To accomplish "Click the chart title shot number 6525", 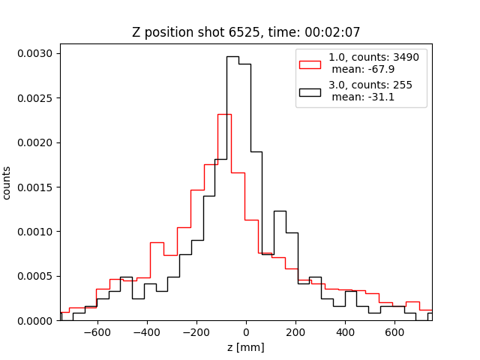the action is [x=244, y=32].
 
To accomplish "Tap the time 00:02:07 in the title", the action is [x=332, y=32].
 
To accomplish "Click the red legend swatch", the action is [x=310, y=65].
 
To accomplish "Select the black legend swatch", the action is [x=310, y=93].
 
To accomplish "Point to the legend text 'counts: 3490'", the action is [x=385, y=57].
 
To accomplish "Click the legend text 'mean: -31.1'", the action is [x=363, y=97].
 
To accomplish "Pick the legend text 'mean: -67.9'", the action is [x=363, y=69].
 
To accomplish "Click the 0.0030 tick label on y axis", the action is [x=35, y=53].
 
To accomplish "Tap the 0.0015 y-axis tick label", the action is [x=35, y=187].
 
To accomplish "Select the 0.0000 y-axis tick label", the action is [x=35, y=321].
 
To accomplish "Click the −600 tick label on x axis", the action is [x=97, y=332].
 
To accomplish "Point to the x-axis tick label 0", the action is [x=246, y=332].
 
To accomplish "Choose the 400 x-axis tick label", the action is [x=345, y=332].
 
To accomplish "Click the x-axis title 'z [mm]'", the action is [x=246, y=347].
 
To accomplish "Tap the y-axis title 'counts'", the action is [x=7, y=183].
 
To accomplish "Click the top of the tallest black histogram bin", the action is [x=232, y=57].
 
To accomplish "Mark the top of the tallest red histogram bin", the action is [x=224, y=115].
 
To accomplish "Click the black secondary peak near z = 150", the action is [x=280, y=211].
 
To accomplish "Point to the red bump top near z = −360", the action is [x=157, y=243].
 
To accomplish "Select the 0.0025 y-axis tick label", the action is [x=35, y=98].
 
